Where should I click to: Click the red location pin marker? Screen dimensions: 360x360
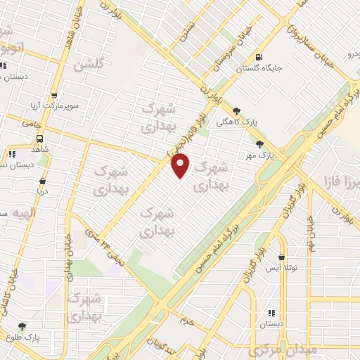[181, 166]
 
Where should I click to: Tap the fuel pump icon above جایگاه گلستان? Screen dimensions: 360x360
[261, 57]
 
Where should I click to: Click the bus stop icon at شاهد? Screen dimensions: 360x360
[39, 139]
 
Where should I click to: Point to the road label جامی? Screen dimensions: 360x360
[31, 123]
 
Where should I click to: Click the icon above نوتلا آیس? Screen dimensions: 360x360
[282, 257]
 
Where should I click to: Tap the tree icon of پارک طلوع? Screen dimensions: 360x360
[22, 327]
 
